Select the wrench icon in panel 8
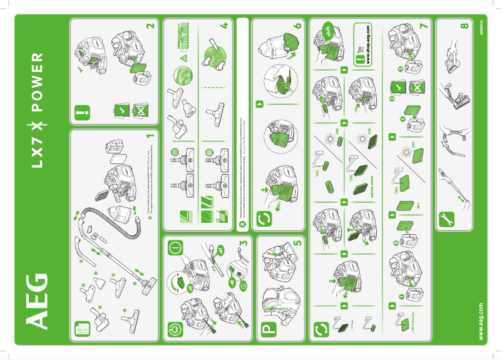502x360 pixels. (448, 219)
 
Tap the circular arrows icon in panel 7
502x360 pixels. (321, 328)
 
